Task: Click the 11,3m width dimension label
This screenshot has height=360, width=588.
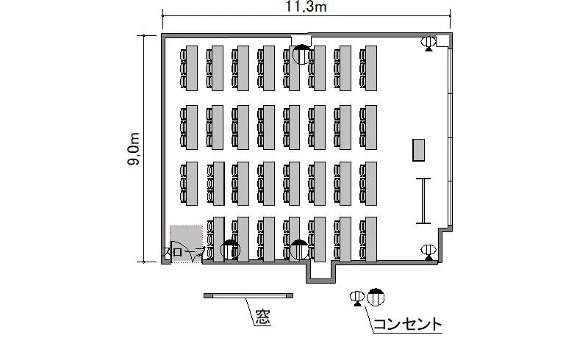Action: pyautogui.click(x=306, y=7)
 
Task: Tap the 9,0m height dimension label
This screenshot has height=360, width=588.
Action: pyautogui.click(x=134, y=149)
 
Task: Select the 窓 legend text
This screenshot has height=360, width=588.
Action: pyautogui.click(x=263, y=317)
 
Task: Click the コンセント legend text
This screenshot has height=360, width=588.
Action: pyautogui.click(x=408, y=324)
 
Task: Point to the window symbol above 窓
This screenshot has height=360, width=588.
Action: pyautogui.click(x=248, y=296)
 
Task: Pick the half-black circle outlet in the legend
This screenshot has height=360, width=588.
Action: pyautogui.click(x=376, y=297)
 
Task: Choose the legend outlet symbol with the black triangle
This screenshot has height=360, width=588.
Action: pyautogui.click(x=357, y=298)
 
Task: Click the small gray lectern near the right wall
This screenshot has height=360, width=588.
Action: pyautogui.click(x=418, y=150)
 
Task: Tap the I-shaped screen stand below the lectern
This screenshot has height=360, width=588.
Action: pyautogui.click(x=423, y=201)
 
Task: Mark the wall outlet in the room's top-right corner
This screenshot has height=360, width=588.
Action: pyautogui.click(x=429, y=43)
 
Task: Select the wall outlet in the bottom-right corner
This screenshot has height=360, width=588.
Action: pyautogui.click(x=429, y=252)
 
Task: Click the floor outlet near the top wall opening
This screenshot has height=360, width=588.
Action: pyautogui.click(x=301, y=54)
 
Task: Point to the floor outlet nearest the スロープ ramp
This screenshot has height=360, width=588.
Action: pyautogui.click(x=230, y=249)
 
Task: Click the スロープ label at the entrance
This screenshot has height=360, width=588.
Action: pyautogui.click(x=183, y=252)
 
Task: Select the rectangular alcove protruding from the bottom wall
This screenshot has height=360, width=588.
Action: pyautogui.click(x=320, y=272)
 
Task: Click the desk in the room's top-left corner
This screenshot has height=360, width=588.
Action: pyautogui.click(x=192, y=68)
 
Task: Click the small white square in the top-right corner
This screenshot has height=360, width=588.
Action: pyautogui.click(x=442, y=41)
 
